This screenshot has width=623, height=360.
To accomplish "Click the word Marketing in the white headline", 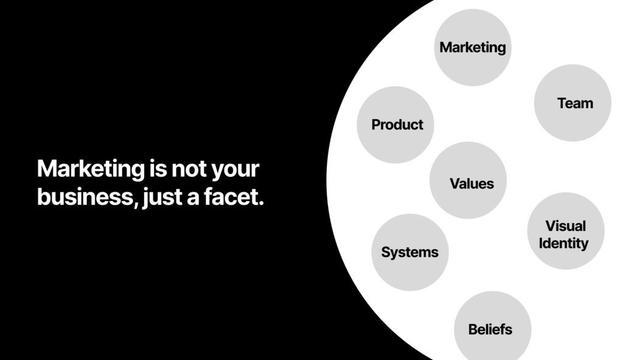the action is point(91,169).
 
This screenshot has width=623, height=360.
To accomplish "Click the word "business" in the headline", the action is point(85,196).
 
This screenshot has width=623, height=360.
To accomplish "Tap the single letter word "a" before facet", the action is point(193,198).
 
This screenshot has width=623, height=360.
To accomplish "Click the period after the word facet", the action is point(260,203).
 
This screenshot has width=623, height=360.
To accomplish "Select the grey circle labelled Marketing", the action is point(472,47).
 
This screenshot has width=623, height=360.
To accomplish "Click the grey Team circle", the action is point(573,103).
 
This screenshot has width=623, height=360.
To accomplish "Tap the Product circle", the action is point(395,125).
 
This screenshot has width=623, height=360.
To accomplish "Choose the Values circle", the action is point(468,180).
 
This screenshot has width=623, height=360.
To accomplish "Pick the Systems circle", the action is point(410,252).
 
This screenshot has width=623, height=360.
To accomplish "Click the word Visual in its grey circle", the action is point(565,226).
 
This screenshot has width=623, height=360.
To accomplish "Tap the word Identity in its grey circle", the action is point(563,243).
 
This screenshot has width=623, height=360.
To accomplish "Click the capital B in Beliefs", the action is point(473,330).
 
